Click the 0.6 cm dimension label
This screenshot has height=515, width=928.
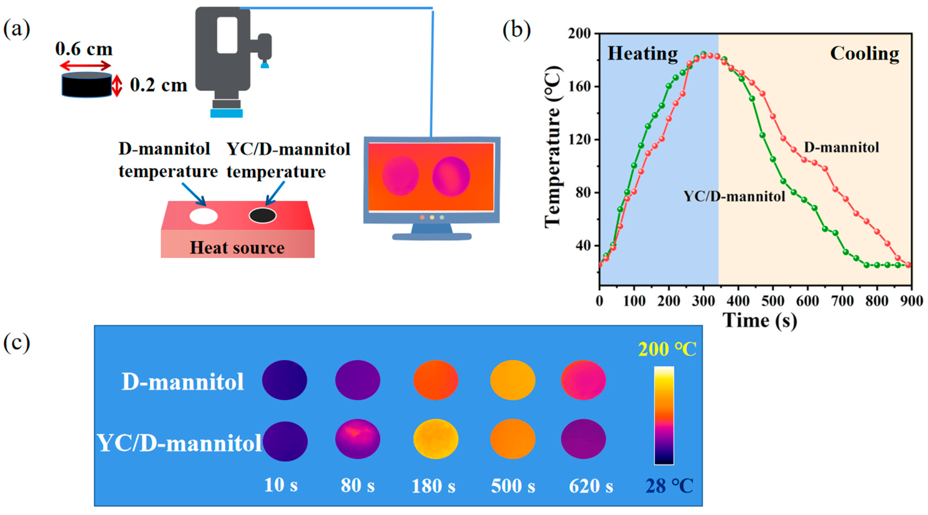(x=84, y=49)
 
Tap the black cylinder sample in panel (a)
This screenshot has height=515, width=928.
(x=86, y=85)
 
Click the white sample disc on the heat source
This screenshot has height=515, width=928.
(x=204, y=216)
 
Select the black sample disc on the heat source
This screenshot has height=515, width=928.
(x=263, y=215)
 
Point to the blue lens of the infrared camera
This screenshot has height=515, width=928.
(x=226, y=113)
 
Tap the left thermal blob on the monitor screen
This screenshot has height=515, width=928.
(x=400, y=176)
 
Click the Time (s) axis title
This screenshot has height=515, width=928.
(x=760, y=320)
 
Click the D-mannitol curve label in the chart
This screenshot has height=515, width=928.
(x=842, y=147)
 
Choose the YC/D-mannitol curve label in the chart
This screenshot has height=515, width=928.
(x=734, y=196)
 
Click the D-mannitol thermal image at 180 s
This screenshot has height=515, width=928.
(x=436, y=380)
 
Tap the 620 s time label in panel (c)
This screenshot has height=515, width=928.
(x=591, y=486)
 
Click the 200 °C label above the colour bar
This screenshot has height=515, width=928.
(x=667, y=349)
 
